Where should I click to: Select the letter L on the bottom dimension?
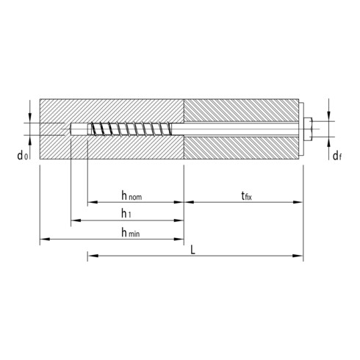[192, 249]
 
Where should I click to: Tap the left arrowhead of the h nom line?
[91, 201]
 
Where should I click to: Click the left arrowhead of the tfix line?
[187, 201]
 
